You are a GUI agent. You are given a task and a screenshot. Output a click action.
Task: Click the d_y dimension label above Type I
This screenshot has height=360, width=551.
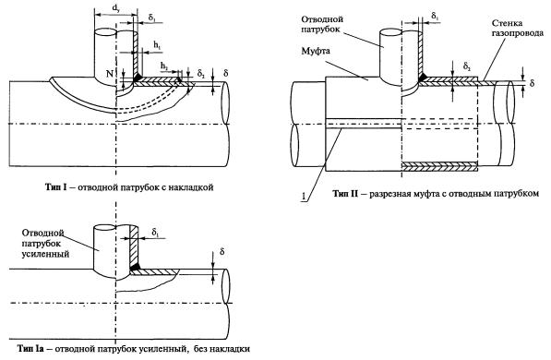click(116, 8)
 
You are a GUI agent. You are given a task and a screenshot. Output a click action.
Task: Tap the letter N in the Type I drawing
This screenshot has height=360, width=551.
click(110, 74)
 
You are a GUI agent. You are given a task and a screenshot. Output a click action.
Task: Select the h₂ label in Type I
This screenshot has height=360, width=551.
click(163, 66)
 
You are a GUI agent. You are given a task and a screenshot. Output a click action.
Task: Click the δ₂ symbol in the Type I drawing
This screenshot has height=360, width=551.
click(201, 73)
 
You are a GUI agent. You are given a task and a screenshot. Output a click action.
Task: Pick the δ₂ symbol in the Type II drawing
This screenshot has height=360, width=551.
click(467, 66)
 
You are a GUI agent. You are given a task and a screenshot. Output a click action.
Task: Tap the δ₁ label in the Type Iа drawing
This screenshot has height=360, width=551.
click(155, 232)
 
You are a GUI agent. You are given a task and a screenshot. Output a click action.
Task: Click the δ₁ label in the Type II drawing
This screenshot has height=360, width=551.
click(435, 16)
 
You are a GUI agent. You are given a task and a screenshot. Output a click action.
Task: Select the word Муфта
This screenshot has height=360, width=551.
click(316, 52)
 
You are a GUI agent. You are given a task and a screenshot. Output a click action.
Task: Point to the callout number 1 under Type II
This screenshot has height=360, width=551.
click(303, 197)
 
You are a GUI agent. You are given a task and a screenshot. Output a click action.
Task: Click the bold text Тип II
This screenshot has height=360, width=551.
click(345, 193)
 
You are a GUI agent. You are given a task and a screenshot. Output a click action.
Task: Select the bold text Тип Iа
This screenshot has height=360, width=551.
click(30, 349)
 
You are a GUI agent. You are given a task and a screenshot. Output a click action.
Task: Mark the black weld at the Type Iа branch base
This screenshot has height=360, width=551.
click(136, 267)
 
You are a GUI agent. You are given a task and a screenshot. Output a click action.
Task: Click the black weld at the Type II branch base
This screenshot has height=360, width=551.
click(423, 77)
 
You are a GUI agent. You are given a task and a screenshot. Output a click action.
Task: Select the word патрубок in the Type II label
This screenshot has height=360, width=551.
click(320, 29)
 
